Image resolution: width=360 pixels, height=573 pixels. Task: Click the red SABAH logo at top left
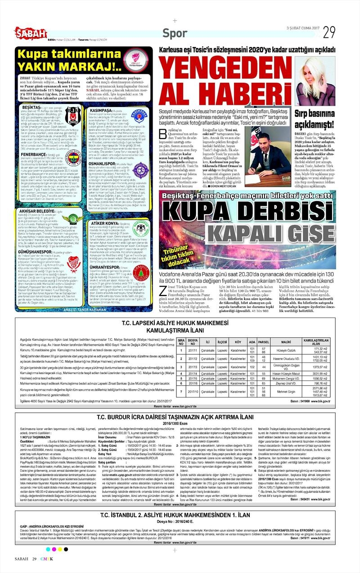pyautogui.click(x=31, y=32)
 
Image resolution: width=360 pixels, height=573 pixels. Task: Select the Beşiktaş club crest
pyautogui.click(x=72, y=116)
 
